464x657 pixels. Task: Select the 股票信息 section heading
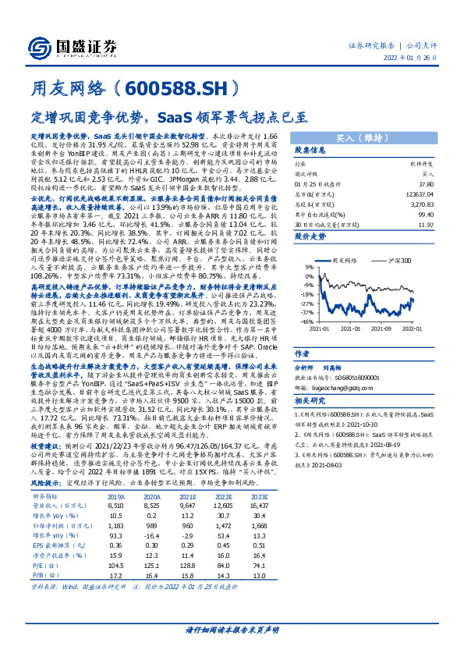click(309, 150)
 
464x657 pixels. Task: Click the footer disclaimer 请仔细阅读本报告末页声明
click(232, 630)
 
